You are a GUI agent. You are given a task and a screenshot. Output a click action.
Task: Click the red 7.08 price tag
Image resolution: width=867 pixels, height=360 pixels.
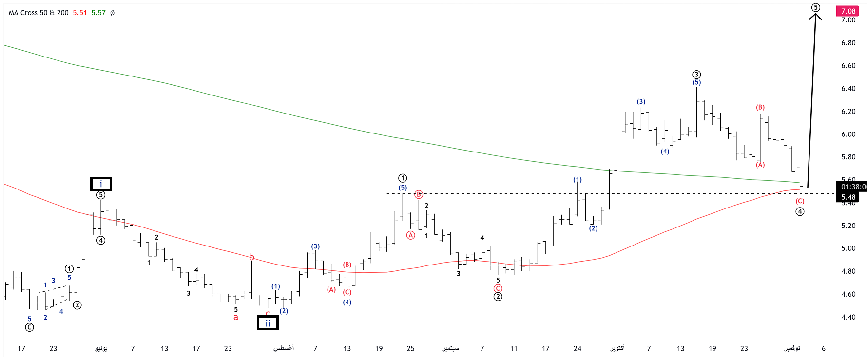848,11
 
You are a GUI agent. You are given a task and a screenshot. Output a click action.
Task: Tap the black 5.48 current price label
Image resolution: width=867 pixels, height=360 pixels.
848,197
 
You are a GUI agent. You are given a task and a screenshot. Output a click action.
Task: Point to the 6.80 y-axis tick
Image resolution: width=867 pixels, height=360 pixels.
848,43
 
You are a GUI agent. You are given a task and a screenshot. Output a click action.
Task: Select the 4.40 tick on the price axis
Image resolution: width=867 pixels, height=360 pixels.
848,317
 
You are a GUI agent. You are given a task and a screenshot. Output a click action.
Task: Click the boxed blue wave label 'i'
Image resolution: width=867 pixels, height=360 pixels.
101,184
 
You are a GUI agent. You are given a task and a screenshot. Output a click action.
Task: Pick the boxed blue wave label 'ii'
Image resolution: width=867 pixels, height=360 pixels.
268,323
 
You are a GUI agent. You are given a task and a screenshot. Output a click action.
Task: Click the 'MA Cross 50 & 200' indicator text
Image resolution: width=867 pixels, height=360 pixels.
39,13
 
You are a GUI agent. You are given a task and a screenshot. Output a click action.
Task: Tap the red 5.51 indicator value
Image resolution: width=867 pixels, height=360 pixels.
79,13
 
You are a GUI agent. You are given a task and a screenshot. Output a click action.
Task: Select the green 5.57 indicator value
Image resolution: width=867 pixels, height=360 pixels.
98,13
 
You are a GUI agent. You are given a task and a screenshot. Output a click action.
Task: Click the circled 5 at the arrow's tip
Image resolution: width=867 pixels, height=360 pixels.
815,7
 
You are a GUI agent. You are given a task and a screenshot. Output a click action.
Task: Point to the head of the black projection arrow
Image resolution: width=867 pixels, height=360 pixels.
815,15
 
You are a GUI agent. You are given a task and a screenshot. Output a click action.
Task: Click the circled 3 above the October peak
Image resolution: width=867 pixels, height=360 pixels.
696,75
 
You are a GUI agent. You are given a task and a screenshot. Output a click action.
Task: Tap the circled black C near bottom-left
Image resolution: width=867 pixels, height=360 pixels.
30,327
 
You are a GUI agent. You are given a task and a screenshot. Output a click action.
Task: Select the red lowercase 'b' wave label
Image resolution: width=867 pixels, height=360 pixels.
251,257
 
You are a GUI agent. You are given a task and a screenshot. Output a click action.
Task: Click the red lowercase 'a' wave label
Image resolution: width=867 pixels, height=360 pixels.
236,318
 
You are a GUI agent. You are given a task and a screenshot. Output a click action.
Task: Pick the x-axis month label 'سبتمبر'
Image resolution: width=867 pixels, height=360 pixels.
451,348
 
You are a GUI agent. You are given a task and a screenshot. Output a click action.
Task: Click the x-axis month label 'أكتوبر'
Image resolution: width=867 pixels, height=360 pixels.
617,348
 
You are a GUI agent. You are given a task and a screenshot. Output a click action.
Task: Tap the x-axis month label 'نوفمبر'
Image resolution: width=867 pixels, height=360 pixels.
792,348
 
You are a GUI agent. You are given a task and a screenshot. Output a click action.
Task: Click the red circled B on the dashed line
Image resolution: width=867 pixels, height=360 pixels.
419,194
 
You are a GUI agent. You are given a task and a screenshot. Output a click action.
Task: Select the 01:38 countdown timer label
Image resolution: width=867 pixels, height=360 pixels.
853,187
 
